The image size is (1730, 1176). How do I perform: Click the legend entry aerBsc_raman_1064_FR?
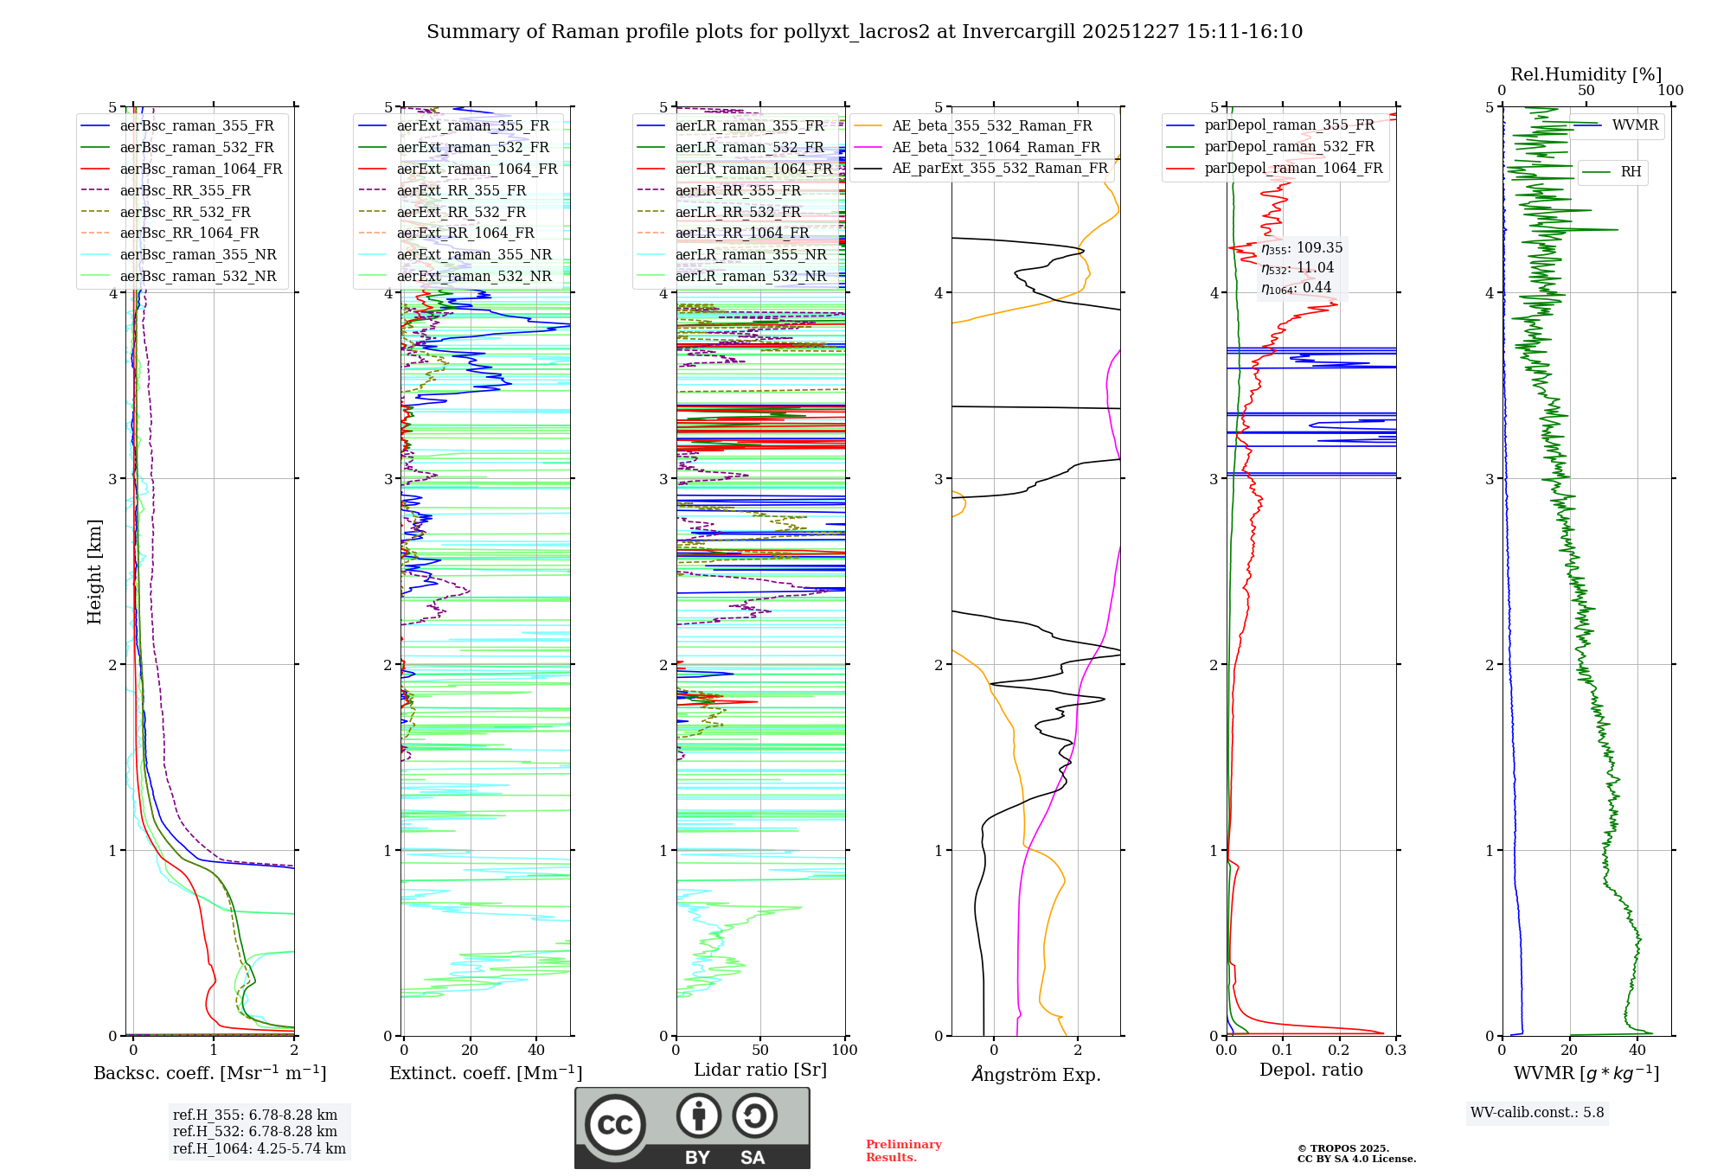[201, 169]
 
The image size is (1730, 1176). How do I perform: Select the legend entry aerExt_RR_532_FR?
[461, 212]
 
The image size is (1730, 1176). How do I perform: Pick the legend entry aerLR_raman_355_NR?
[751, 254]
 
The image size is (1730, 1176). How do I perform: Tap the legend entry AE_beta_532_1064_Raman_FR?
[996, 148]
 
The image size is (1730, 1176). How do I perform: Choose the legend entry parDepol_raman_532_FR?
[1289, 147]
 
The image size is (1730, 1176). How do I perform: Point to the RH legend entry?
[1631, 172]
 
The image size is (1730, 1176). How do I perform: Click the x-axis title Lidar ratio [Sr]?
[760, 1071]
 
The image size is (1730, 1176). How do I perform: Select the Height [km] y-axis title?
[94, 572]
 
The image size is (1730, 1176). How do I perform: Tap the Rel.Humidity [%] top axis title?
[1586, 74]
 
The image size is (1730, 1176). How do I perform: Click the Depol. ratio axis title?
[1310, 1071]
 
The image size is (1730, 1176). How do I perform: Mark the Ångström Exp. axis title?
[1036, 1075]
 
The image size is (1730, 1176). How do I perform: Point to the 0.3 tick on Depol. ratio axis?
[1395, 1051]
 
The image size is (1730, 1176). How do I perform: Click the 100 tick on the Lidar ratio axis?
[844, 1051]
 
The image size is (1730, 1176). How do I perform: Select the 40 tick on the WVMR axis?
[1637, 1051]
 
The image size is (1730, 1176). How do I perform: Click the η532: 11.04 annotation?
[1297, 268]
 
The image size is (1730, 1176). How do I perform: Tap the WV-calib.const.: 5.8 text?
[1537, 1113]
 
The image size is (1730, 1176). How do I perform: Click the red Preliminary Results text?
[903, 1151]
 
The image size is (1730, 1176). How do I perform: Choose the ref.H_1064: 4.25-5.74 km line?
[259, 1149]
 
